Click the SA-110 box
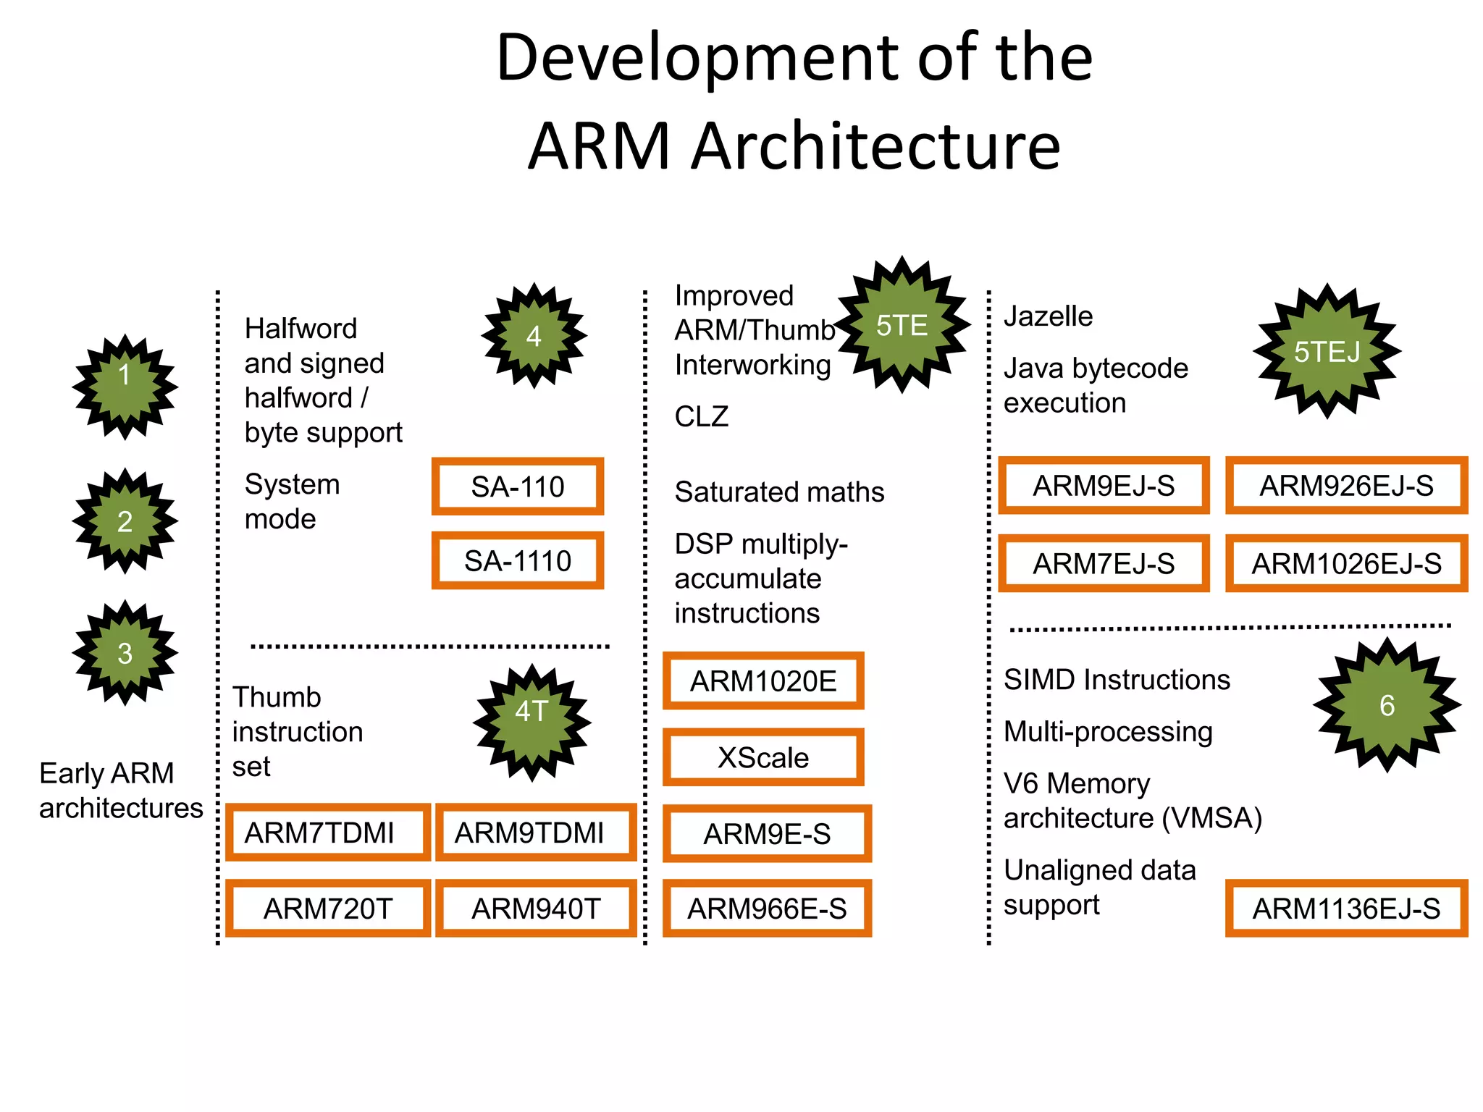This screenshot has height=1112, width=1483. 517,486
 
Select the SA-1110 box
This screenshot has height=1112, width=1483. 517,561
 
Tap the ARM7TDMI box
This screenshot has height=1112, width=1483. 327,833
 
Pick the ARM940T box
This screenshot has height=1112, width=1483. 536,909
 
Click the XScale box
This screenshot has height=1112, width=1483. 763,757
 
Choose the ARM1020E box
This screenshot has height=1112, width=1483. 763,681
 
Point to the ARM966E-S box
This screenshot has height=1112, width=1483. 767,909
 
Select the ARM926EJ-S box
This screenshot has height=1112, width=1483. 1346,486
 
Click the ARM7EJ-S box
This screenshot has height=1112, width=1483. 1104,563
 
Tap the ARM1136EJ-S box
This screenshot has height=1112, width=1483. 1346,909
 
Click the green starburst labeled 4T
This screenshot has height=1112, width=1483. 532,722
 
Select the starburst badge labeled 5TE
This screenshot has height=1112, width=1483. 902,325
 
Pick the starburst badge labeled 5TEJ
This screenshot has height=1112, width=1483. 1327,352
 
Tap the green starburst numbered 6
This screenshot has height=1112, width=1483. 1387,705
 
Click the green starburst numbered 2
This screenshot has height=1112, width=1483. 125,521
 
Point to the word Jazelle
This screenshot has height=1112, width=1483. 1048,316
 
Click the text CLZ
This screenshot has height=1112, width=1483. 701,417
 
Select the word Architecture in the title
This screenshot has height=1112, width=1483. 876,146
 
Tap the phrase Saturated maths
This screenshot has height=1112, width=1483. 779,492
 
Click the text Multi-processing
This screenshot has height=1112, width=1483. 1108,732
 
